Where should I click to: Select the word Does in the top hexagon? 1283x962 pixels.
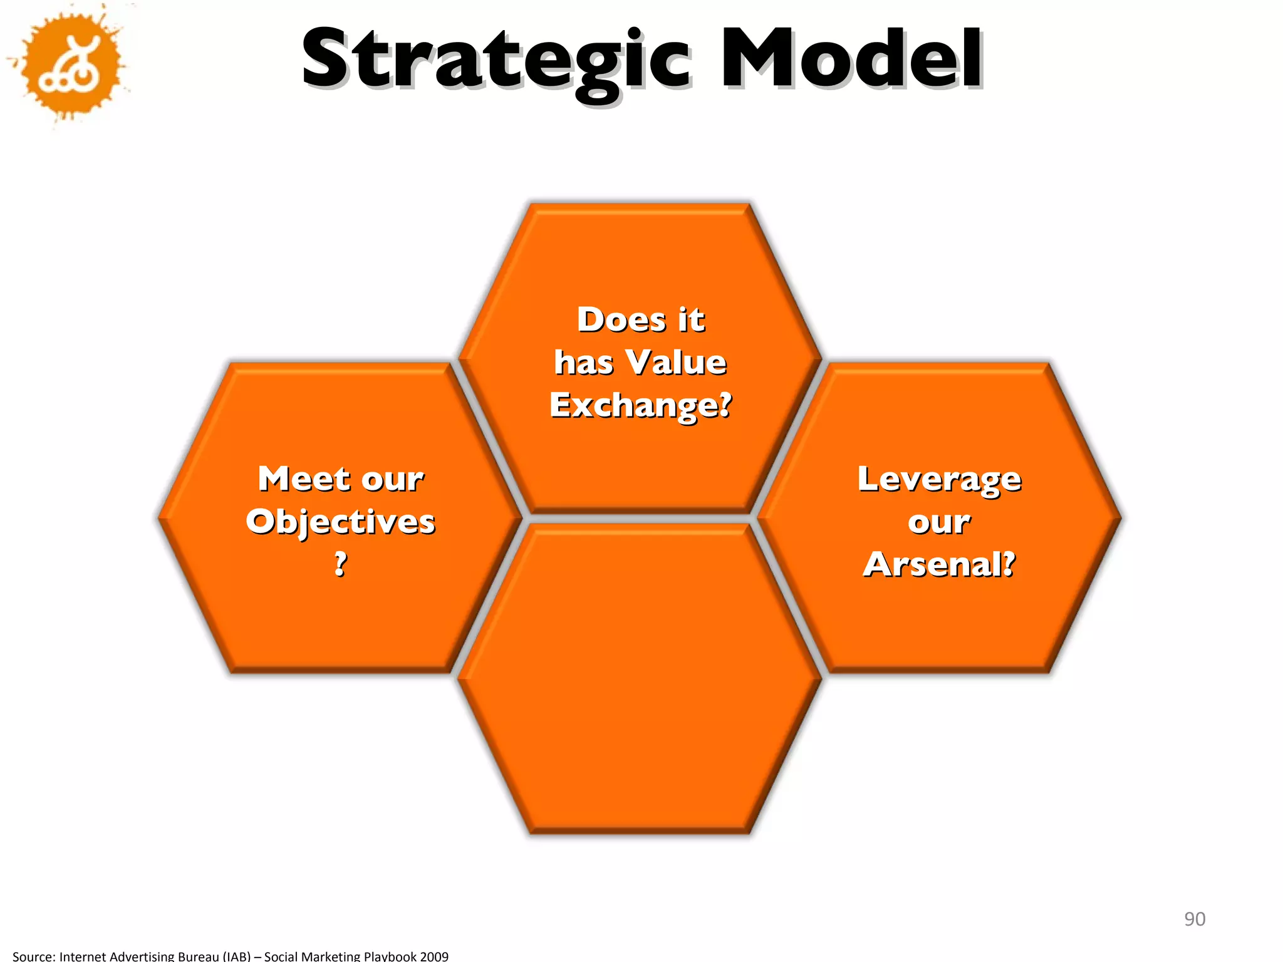[x=621, y=319]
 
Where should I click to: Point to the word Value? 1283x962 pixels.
[x=677, y=362]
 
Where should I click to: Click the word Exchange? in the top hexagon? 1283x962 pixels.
[x=640, y=405]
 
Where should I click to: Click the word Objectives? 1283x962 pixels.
[x=340, y=522]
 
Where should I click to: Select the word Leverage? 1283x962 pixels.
[x=939, y=480]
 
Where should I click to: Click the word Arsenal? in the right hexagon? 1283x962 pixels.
[x=939, y=564]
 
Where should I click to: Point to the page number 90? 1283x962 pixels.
[x=1194, y=919]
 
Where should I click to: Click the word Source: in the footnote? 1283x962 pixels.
[x=34, y=956]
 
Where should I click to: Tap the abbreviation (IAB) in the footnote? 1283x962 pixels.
[x=237, y=956]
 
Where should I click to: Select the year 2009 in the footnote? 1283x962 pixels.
[x=434, y=956]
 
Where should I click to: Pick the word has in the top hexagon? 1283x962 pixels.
[x=584, y=362]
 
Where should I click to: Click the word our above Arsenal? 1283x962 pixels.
[x=939, y=522]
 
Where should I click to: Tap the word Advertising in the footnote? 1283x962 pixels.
[x=140, y=956]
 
